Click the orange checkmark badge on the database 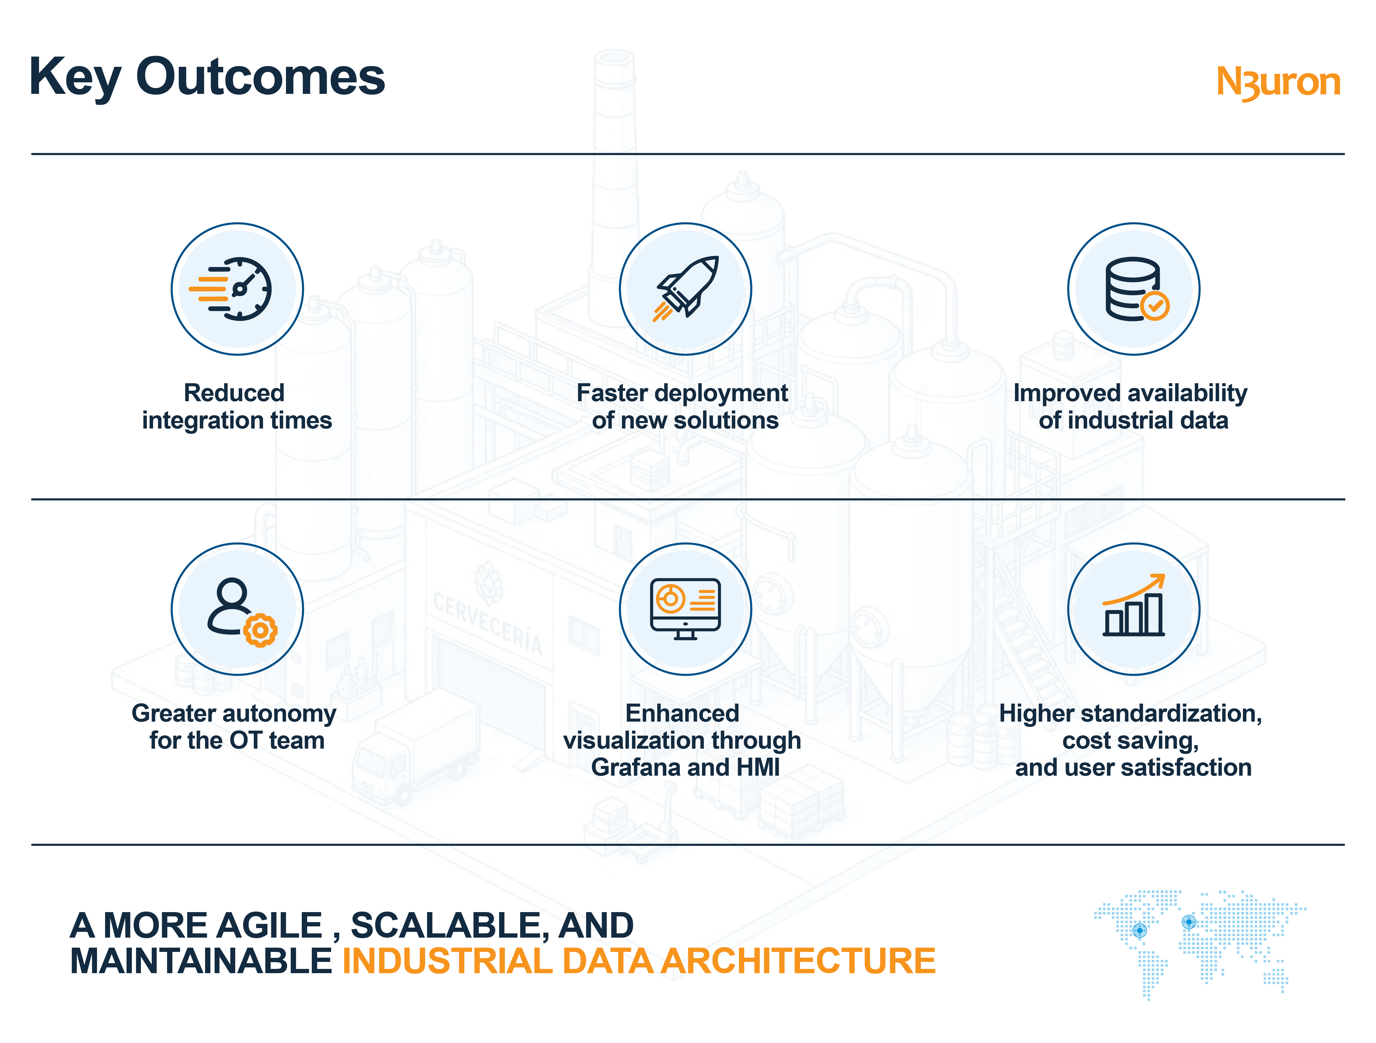coord(1155,306)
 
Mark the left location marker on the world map coord(1140,930)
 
